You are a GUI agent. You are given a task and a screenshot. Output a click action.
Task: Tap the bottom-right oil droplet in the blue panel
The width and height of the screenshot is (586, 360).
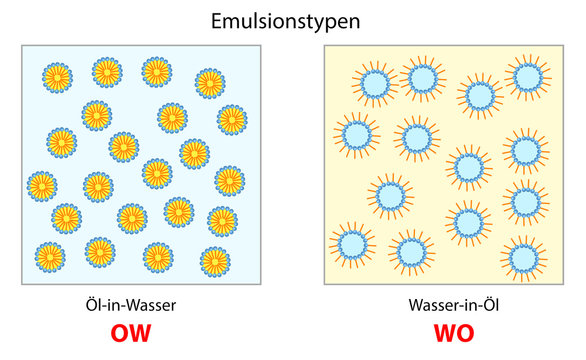[214, 261]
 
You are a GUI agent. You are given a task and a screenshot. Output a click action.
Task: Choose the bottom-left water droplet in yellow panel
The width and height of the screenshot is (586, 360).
[352, 244]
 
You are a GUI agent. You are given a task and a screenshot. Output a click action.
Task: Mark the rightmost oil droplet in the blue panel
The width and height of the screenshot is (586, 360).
[231, 120]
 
